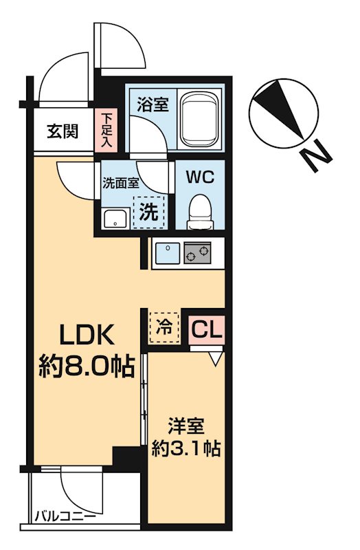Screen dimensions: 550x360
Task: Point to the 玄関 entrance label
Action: (62, 131)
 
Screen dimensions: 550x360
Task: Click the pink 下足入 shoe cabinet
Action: (107, 131)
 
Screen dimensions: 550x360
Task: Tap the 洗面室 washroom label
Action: (121, 183)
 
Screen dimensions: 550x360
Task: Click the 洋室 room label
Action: (185, 426)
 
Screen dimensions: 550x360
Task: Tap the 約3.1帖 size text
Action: (185, 450)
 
